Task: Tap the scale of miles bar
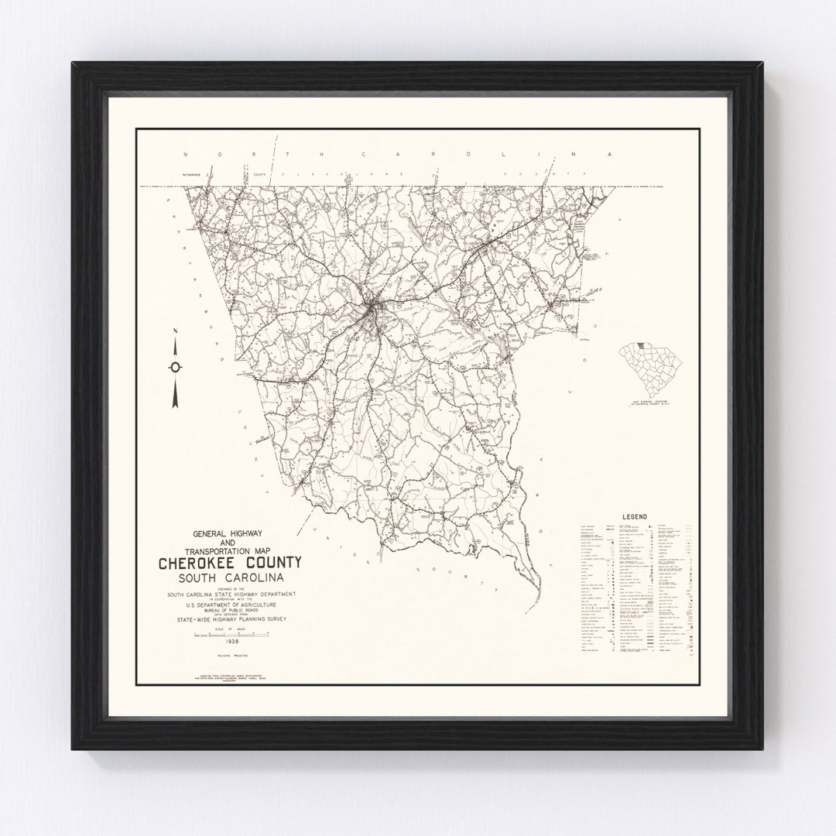[231, 634]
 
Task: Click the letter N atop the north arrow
[176, 331]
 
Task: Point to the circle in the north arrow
[176, 367]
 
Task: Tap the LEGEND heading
[633, 517]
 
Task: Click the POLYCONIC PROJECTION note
[231, 656]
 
